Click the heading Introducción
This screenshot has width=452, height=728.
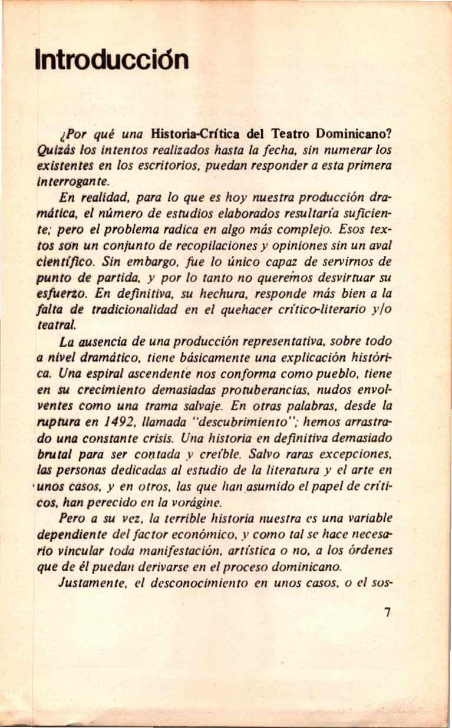coord(112,59)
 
